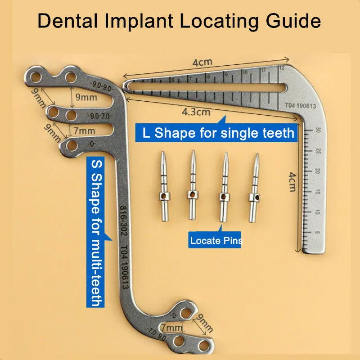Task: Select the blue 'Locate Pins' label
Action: [x=216, y=241]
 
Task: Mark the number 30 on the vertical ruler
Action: [x=318, y=131]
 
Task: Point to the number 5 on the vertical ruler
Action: [x=318, y=233]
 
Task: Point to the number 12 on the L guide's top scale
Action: [x=281, y=68]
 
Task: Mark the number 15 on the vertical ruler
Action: [x=318, y=192]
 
